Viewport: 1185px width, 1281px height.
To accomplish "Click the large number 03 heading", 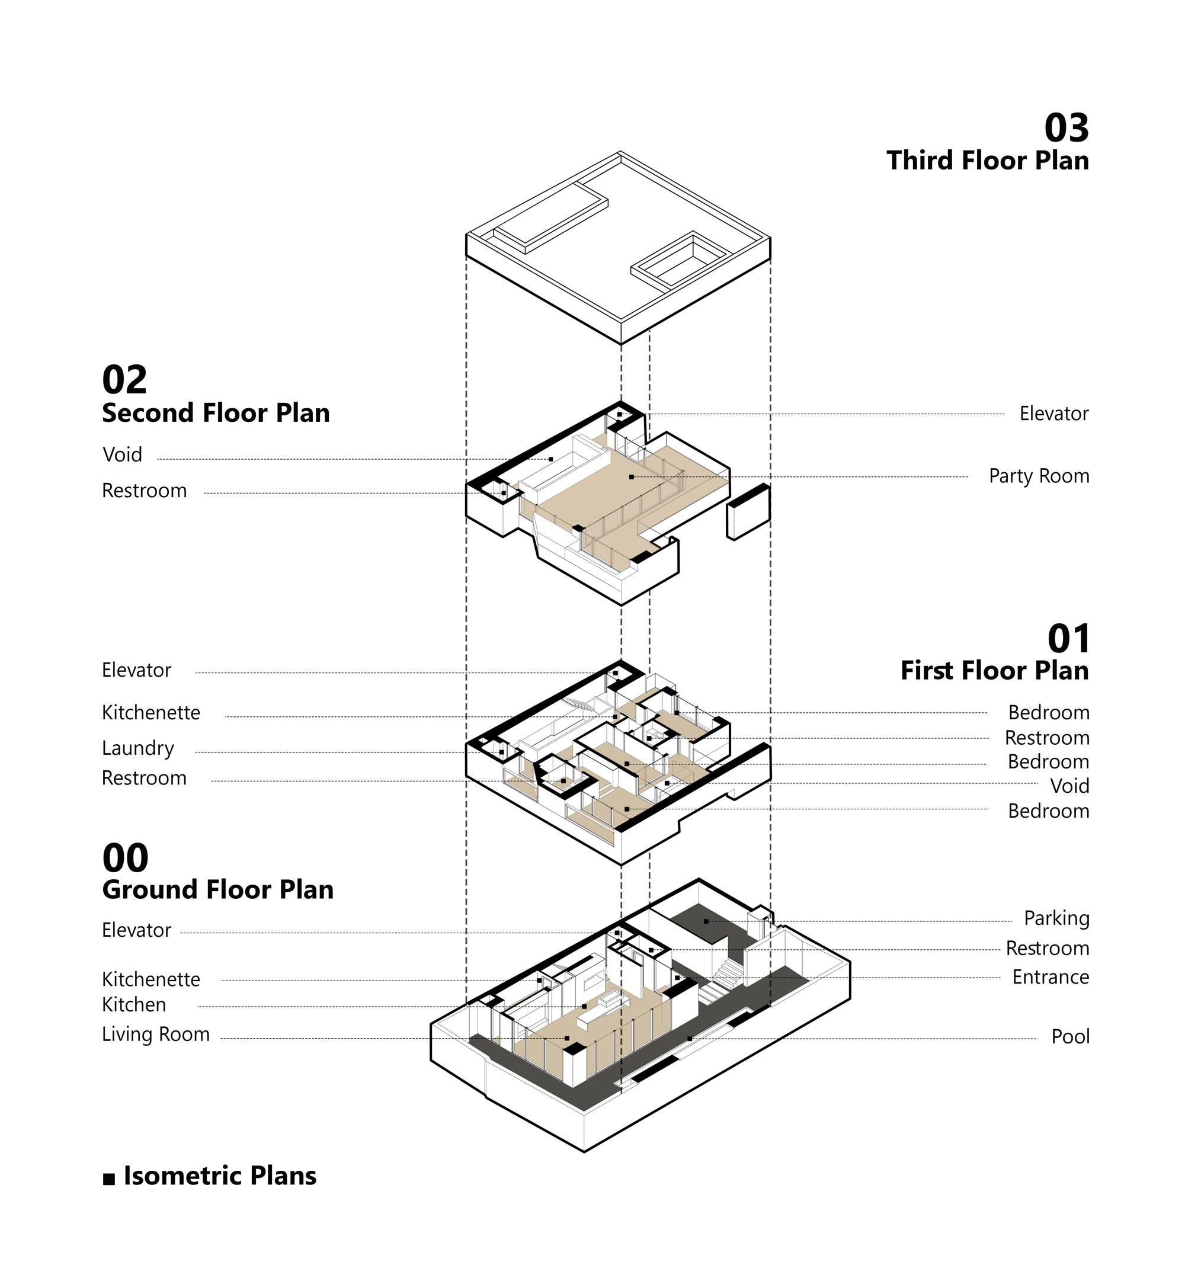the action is tap(1066, 127).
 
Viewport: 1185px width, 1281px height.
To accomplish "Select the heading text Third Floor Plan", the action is tap(988, 161).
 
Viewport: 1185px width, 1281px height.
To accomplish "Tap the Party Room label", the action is tap(1039, 476).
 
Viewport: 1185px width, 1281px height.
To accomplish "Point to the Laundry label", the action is tap(138, 748).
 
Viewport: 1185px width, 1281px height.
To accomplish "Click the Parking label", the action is tap(1057, 918).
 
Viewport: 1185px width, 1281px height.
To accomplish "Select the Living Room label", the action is tap(156, 1034).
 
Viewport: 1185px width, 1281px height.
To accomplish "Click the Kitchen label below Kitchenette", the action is tap(134, 1005).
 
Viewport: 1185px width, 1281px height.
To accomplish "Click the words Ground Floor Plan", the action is tap(217, 890).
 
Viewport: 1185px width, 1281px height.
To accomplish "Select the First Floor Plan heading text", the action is tap(995, 671).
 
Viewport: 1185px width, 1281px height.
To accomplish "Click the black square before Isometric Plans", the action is tap(109, 1179).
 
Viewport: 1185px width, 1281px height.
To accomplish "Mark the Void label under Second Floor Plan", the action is tap(122, 454).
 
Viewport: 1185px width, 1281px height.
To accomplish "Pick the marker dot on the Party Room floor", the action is tap(632, 477).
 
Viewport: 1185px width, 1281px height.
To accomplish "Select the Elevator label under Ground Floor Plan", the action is tap(137, 930).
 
